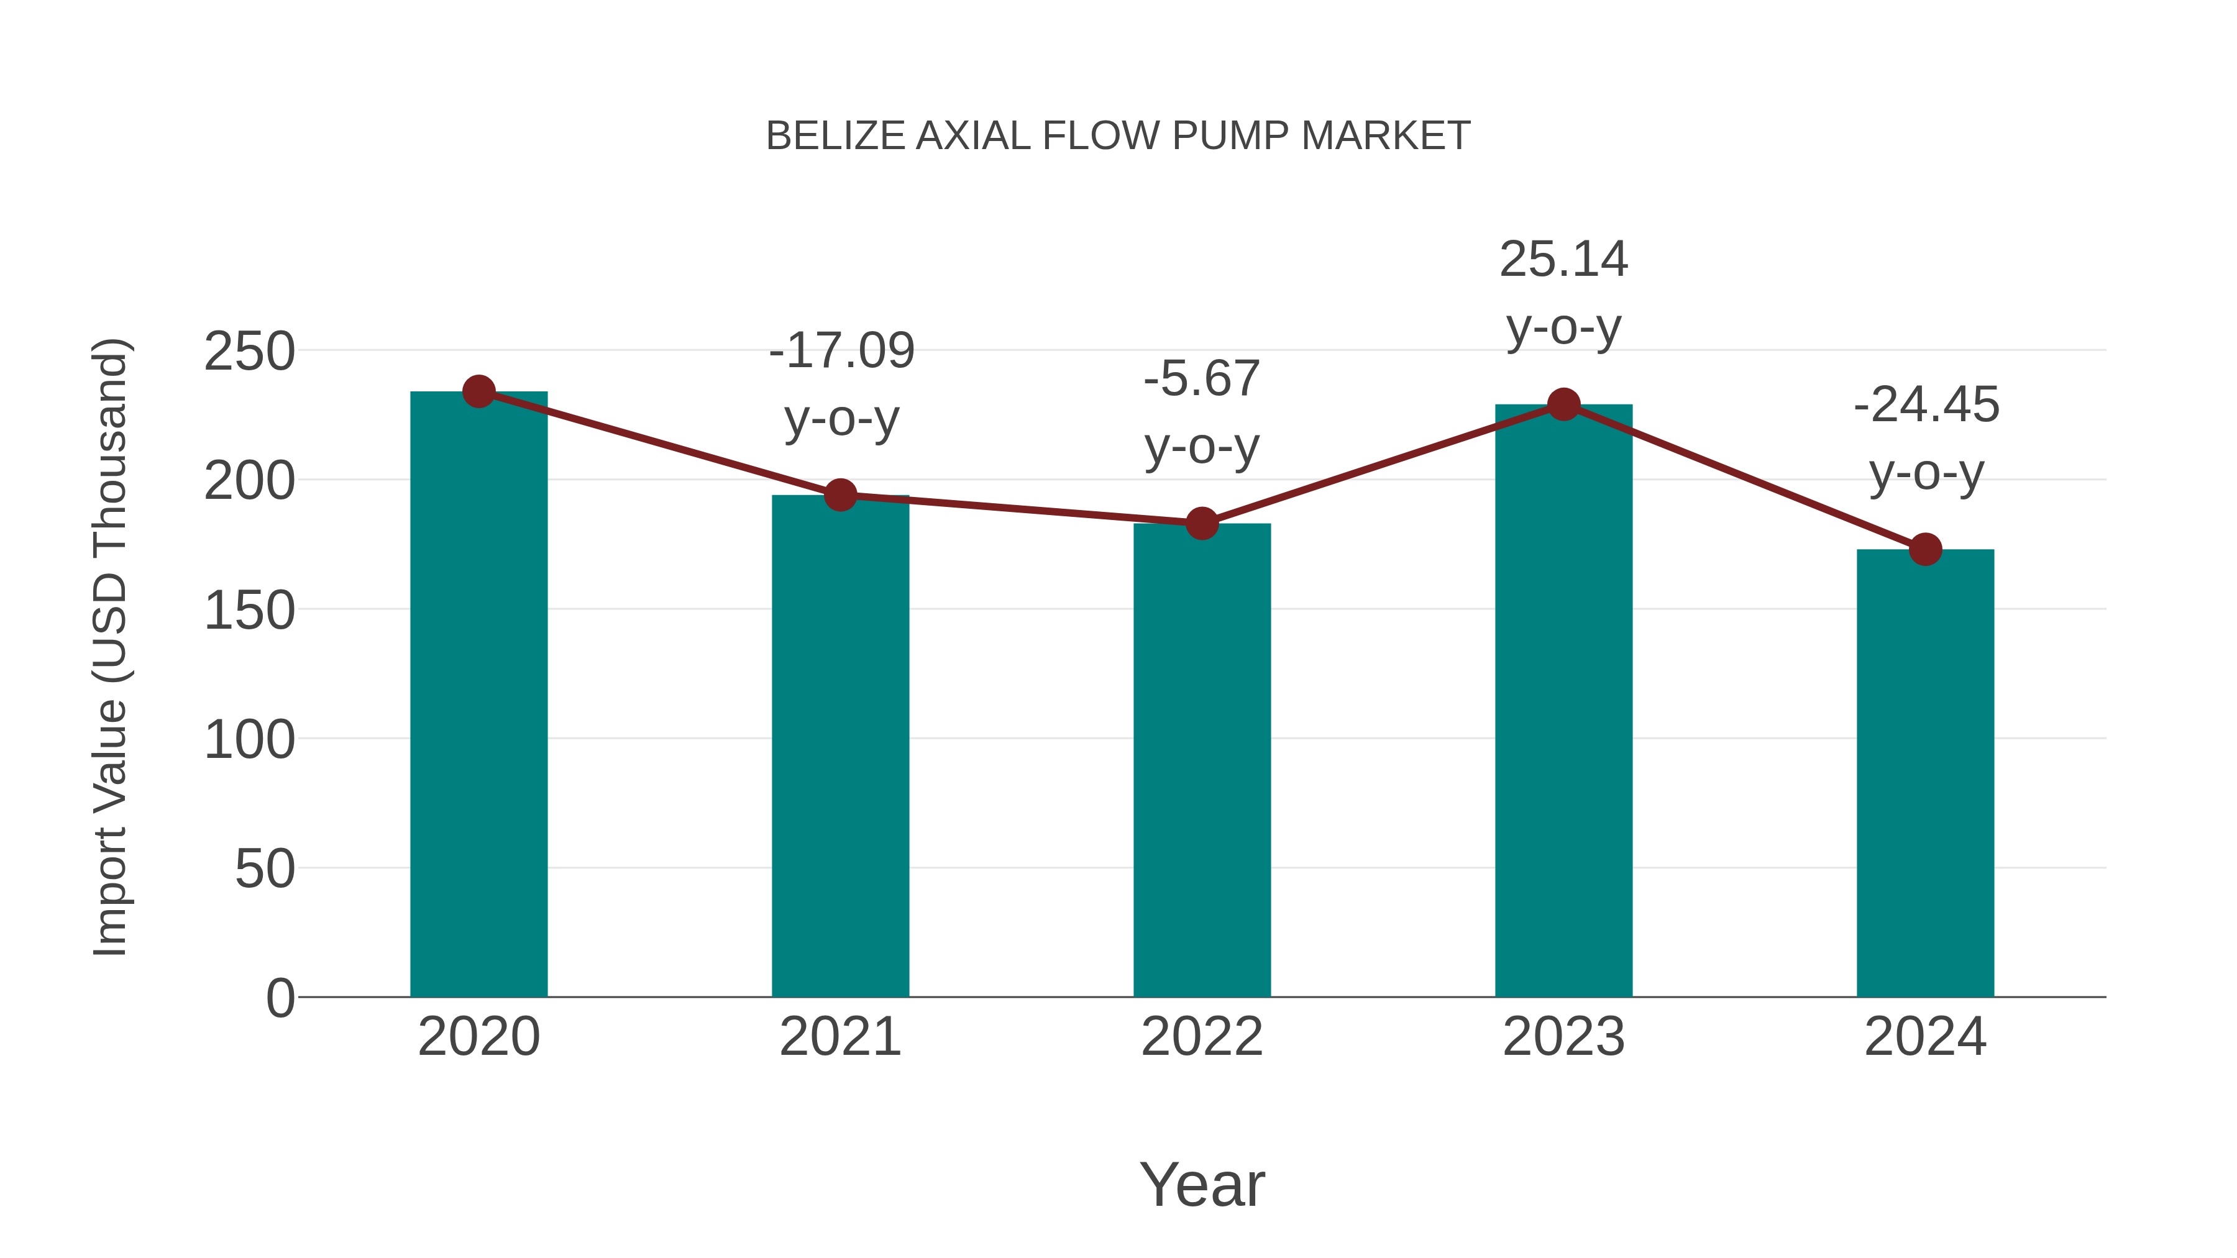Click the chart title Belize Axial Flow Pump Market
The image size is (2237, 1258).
[x=1118, y=136]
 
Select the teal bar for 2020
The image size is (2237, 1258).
[x=478, y=695]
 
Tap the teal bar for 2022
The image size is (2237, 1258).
[x=1202, y=760]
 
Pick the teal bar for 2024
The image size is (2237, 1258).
[x=1925, y=773]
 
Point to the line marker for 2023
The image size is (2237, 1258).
[x=1563, y=404]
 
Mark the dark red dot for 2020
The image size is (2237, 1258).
[x=478, y=391]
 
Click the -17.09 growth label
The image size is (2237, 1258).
[x=841, y=351]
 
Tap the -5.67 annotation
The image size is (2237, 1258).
[x=1202, y=380]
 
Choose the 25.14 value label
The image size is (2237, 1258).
[x=1563, y=260]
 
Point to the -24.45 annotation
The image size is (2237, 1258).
[x=1926, y=406]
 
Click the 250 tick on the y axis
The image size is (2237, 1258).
[x=249, y=352]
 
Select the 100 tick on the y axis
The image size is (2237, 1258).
[x=249, y=741]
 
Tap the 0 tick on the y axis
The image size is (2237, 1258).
[x=280, y=998]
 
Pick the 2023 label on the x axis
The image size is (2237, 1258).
[x=1563, y=1037]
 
